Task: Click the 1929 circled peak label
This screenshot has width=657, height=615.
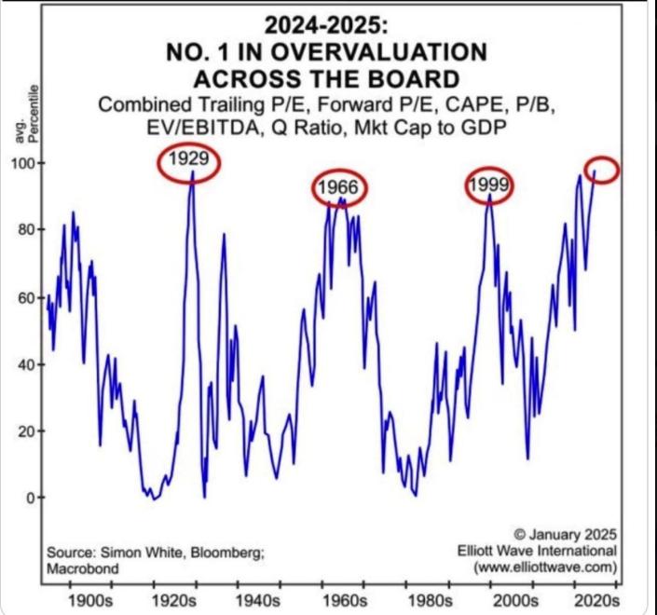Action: click(x=190, y=161)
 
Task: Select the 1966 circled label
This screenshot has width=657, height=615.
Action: click(x=339, y=188)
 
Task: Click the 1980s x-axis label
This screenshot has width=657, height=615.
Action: click(x=426, y=597)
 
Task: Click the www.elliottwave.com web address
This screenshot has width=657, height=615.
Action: click(x=545, y=567)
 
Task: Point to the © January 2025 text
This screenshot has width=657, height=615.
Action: click(x=555, y=534)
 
